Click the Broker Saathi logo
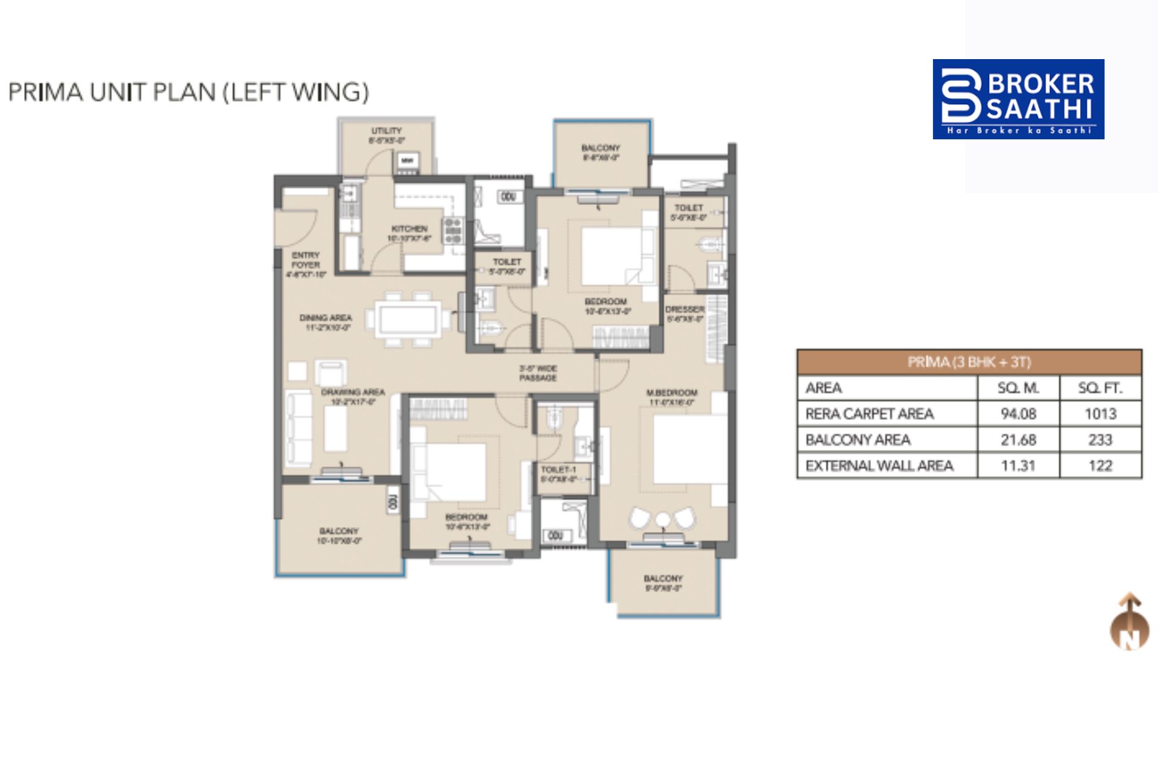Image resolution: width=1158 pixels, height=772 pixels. click(1018, 99)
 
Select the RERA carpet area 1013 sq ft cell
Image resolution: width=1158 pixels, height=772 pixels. click(1100, 414)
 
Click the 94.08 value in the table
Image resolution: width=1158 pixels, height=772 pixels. click(1018, 414)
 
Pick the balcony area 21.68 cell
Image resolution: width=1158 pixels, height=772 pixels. click(1018, 440)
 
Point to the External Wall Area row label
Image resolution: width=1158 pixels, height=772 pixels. click(879, 466)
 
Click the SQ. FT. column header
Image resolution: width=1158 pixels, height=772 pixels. click(1100, 388)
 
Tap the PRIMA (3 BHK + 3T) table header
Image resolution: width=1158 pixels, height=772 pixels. click(969, 362)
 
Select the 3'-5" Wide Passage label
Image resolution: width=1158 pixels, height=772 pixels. click(538, 373)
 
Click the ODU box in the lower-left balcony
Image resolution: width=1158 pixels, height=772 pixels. click(393, 503)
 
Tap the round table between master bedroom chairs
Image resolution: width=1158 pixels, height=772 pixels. click(663, 519)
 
